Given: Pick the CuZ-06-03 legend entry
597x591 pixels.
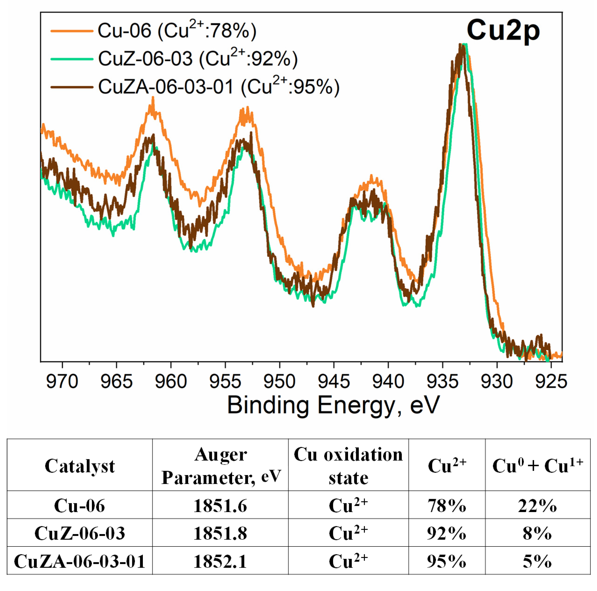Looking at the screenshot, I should click(198, 59).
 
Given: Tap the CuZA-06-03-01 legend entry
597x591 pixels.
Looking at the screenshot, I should click(219, 86).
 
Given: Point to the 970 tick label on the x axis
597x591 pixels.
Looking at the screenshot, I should click(62, 382).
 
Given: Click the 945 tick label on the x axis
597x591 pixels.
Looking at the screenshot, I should click(334, 382).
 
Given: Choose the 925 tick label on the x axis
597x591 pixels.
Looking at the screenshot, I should click(551, 382).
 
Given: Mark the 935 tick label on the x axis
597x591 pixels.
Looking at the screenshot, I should click(442, 382).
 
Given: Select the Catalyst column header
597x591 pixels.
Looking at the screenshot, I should click(80, 466).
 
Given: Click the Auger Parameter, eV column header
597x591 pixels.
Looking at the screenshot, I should click(220, 466).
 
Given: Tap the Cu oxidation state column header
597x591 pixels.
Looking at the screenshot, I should click(348, 466).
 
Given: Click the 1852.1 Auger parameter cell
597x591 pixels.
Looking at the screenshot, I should click(220, 561).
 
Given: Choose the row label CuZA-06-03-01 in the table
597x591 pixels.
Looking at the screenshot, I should click(80, 561).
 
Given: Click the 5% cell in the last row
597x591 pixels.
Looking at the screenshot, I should click(537, 561).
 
